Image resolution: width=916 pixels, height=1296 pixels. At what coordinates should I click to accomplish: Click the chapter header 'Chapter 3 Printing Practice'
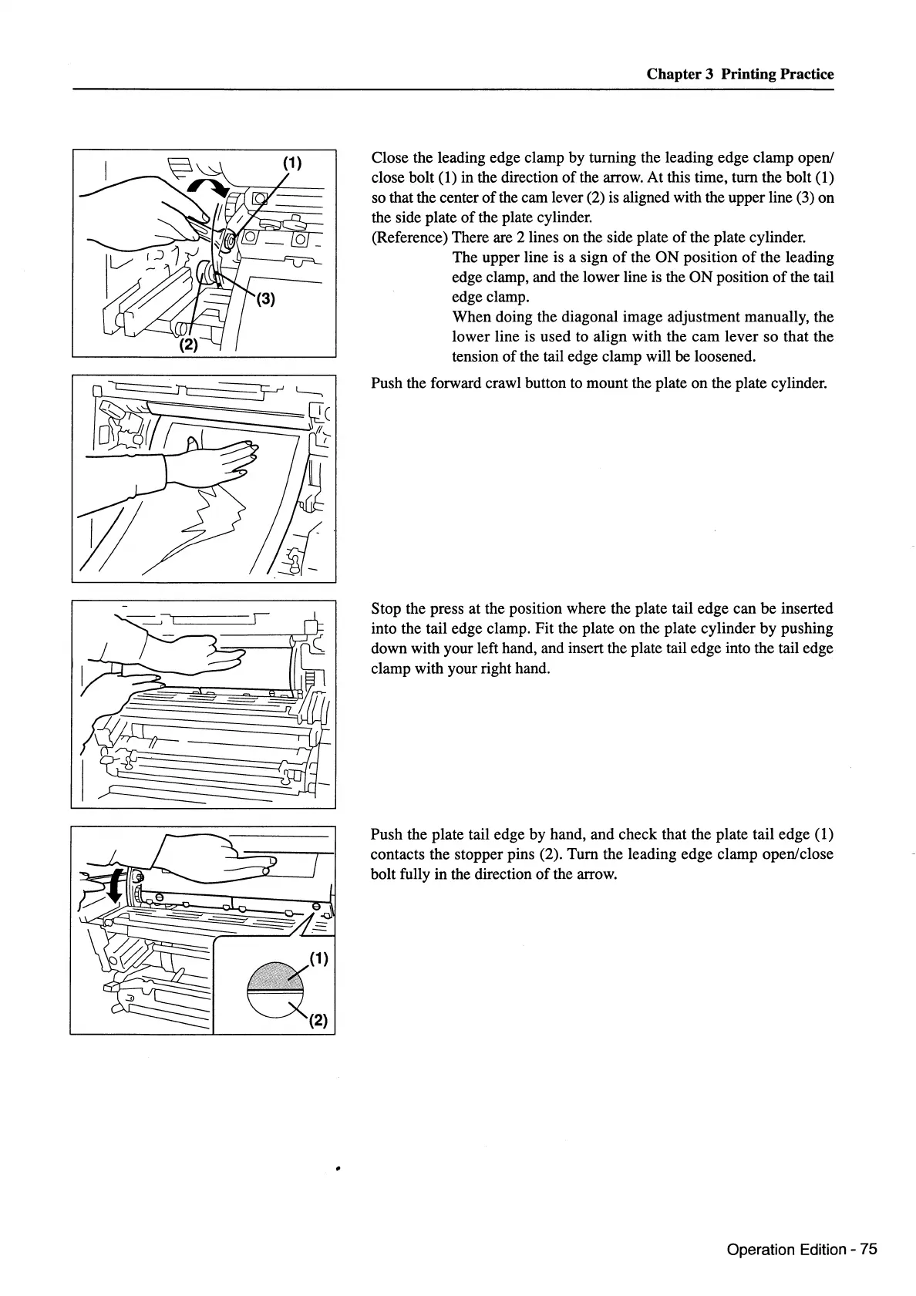point(739,74)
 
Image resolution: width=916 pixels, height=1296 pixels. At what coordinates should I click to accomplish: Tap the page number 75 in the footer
point(868,1250)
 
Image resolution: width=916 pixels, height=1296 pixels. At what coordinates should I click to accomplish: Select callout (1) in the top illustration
point(291,163)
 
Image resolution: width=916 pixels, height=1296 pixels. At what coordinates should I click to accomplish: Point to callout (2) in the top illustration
point(188,345)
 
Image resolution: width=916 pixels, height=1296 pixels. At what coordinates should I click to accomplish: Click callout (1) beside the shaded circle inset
point(318,959)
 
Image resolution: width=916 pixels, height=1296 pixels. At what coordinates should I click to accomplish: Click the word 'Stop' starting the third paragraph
point(386,608)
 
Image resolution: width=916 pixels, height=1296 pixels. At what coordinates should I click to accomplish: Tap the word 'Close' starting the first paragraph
point(389,157)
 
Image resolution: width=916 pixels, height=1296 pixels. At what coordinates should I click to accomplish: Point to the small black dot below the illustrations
point(338,1170)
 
